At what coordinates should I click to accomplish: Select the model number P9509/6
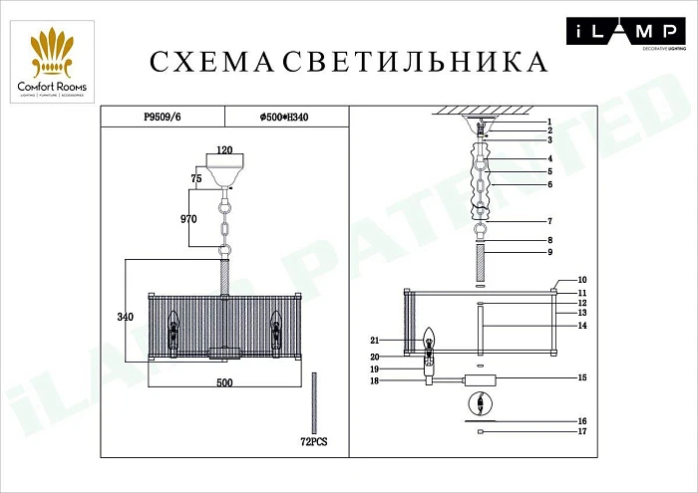[x=164, y=117]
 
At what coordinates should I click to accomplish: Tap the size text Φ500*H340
[x=284, y=117]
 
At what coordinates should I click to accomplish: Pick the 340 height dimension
[x=125, y=317]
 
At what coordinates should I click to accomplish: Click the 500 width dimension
[x=224, y=382]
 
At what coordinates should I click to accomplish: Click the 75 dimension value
[x=196, y=178]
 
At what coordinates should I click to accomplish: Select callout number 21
[x=375, y=340]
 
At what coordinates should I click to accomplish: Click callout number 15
[x=582, y=378]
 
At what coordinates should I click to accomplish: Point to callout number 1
[x=577, y=122]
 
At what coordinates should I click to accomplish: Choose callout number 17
[x=582, y=431]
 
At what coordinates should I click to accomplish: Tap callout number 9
[x=577, y=253]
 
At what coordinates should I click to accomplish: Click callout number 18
[x=375, y=380]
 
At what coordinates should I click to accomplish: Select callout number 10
[x=582, y=281]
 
